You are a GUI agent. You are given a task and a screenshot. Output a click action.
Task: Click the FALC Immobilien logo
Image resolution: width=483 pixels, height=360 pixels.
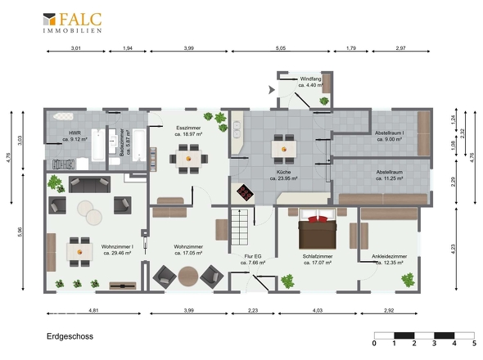(72, 22)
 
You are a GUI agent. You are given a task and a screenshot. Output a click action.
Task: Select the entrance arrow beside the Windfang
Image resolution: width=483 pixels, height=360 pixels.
(271, 90)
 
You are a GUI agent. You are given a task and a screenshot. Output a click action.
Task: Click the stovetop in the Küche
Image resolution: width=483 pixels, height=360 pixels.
(246, 192)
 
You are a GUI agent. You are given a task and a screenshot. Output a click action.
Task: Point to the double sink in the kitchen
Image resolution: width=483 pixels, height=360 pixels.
(237, 130)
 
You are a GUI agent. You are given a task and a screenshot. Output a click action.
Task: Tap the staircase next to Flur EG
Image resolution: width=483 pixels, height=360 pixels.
(239, 227)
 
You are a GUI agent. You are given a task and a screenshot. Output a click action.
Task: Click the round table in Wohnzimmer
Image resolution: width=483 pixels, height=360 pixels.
(188, 277)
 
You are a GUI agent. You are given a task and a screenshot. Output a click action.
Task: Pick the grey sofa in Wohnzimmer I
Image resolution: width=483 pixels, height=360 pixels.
(89, 184)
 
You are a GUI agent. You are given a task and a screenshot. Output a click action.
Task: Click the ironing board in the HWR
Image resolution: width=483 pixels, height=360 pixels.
(64, 117)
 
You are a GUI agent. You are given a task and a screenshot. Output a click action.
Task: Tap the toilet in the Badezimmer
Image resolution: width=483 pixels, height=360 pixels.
(115, 161)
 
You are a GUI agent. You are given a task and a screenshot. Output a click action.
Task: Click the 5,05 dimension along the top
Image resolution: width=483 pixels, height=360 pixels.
(281, 48)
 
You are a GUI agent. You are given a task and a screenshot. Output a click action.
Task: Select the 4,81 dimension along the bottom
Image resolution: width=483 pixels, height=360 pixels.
(93, 310)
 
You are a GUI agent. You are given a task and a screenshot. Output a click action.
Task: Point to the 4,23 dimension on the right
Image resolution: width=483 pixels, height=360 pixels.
(453, 249)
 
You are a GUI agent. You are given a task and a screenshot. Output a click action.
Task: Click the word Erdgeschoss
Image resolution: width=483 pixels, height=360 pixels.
(70, 336)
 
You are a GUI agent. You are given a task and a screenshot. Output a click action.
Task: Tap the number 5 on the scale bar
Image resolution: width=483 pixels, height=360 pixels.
(474, 343)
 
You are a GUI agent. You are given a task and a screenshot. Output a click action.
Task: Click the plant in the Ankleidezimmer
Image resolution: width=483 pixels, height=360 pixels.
(408, 280)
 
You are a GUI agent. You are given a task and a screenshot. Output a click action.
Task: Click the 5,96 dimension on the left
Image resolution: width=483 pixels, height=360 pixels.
(20, 232)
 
